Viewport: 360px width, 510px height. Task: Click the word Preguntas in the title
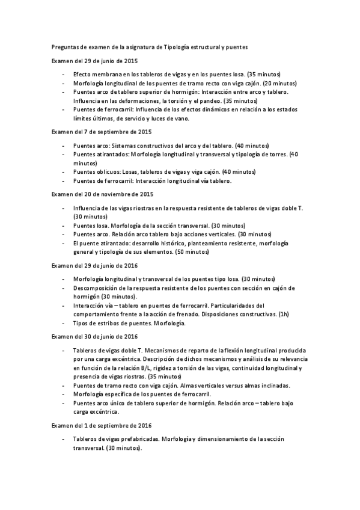pyautogui.click(x=64, y=46)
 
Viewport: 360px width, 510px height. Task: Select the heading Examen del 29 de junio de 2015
pyautogui.click(x=94, y=61)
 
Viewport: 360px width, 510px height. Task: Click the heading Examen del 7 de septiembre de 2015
pyautogui.click(x=102, y=131)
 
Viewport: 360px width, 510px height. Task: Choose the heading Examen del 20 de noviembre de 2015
pyautogui.click(x=103, y=194)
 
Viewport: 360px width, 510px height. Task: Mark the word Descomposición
pyautogui.click(x=96, y=288)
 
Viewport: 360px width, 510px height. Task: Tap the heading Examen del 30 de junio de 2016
pyautogui.click(x=94, y=336)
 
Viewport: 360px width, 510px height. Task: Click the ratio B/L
pyautogui.click(x=157, y=367)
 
